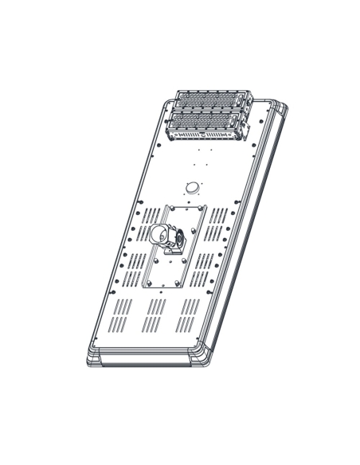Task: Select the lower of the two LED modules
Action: tap(205, 123)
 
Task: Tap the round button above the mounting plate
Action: tap(191, 186)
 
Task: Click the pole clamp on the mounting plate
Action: tap(166, 237)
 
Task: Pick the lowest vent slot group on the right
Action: tap(188, 316)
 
